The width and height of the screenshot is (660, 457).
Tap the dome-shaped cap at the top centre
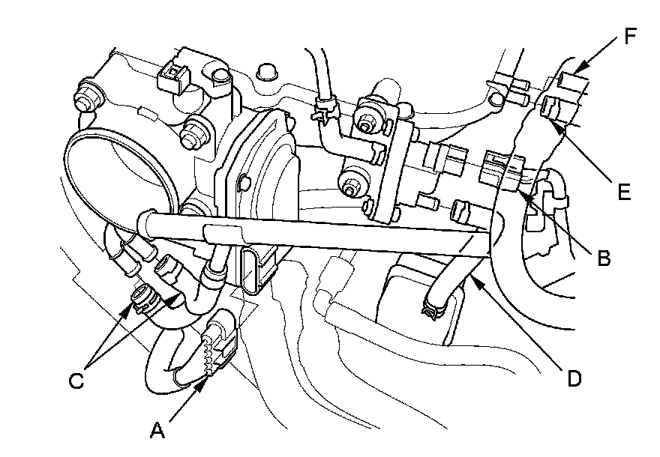pyautogui.click(x=263, y=71)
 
